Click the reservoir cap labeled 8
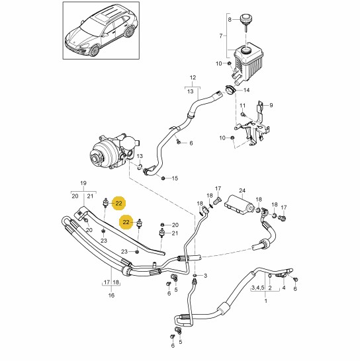click(246, 19)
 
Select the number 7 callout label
click(221, 36)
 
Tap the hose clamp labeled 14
click(230, 89)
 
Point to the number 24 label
click(242, 190)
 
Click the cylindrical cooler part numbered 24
click(240, 204)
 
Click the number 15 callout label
click(175, 179)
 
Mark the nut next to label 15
click(163, 178)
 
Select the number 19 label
click(83, 183)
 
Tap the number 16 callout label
click(111, 295)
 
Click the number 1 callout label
click(266, 301)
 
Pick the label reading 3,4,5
click(257, 288)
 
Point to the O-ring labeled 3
click(195, 275)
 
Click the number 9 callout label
click(271, 105)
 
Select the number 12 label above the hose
click(193, 77)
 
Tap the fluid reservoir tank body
click(248, 62)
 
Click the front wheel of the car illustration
click(95, 51)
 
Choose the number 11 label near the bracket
click(243, 105)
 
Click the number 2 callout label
click(270, 288)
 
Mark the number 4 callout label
click(284, 288)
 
